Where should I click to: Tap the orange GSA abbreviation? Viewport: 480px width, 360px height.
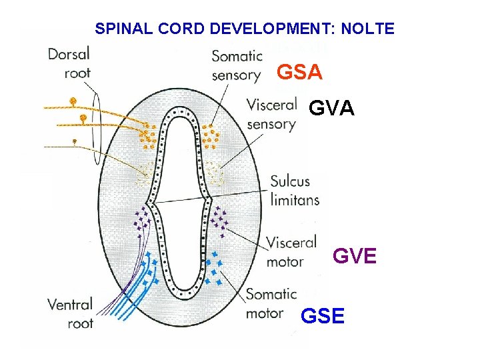point(299,72)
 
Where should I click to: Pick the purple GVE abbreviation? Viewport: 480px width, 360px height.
point(355,255)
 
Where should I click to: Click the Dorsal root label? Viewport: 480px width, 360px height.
point(69,63)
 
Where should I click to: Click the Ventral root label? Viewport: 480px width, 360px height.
point(70,314)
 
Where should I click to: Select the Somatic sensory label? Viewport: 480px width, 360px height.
point(236,65)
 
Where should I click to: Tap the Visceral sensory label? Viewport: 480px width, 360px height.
point(271,114)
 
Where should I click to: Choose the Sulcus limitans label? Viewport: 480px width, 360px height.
point(295,190)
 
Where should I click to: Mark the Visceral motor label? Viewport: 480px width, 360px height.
point(291,252)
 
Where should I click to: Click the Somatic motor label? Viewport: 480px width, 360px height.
point(271,303)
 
